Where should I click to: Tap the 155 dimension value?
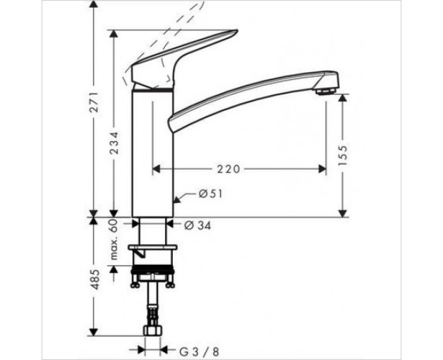coord(343,156)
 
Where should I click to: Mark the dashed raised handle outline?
coord(166,39)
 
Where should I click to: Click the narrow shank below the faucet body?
coord(152,230)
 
